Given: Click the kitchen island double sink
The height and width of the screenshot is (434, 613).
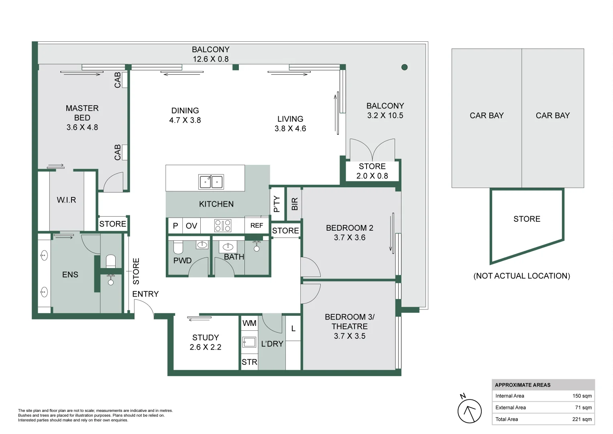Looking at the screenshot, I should click(x=211, y=182).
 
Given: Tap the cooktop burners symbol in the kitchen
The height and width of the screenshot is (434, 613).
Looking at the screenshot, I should click(x=222, y=225).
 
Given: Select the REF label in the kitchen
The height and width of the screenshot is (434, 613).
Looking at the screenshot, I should click(x=257, y=225).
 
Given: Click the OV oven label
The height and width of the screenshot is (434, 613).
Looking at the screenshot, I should click(x=191, y=226).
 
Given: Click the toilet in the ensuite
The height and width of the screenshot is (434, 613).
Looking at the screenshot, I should click(x=111, y=262).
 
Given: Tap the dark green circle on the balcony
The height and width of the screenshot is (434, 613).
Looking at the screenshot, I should click(x=404, y=67).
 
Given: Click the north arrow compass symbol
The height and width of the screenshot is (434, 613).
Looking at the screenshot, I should click(x=469, y=411).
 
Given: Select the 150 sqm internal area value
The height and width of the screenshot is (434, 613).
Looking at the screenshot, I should click(x=582, y=396).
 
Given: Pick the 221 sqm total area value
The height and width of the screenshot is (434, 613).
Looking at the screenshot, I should click(x=582, y=419).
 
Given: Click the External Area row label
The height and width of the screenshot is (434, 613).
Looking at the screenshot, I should click(x=510, y=407).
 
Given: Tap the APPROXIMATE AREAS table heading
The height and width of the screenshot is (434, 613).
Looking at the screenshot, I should click(x=522, y=385).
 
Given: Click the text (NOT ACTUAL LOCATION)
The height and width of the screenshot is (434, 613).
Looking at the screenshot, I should click(x=521, y=276).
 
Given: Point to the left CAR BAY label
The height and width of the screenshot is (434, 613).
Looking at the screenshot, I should click(x=487, y=116).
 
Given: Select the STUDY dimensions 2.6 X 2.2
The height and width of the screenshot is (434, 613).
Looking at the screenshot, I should click(x=205, y=347).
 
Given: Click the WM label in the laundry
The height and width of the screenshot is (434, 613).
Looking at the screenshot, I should click(x=249, y=323).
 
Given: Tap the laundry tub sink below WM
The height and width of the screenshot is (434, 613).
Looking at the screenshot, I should click(x=249, y=342).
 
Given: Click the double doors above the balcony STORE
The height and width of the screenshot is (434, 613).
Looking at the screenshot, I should click(x=372, y=150).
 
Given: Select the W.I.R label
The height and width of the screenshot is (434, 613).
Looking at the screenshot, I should click(x=66, y=200).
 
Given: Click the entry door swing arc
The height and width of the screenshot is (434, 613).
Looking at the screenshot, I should click(x=145, y=308).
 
